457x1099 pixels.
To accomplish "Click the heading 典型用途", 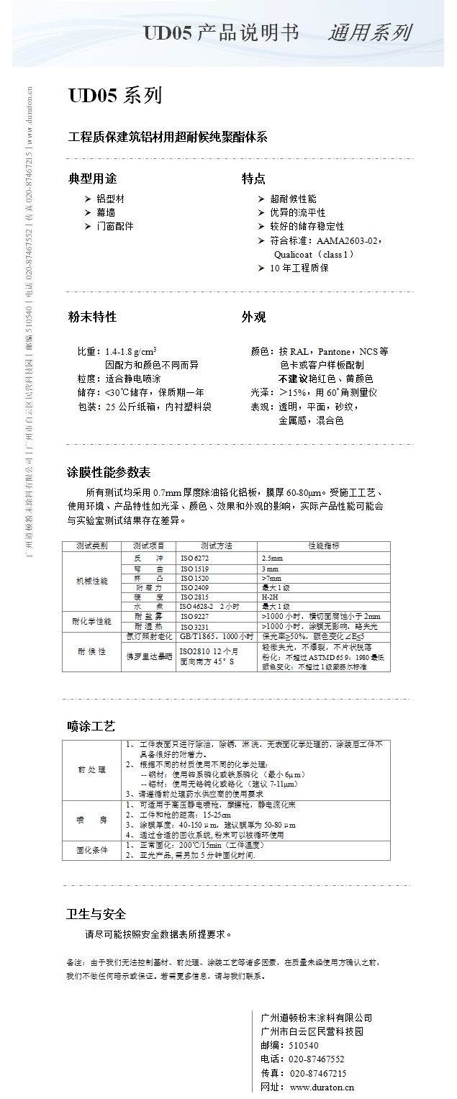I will (x=91, y=178).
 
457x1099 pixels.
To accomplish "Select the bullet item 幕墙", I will (x=105, y=212).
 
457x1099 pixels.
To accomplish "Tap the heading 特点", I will (x=253, y=178).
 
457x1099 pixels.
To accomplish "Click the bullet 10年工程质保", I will (x=299, y=268).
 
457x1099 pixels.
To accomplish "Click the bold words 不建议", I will (x=293, y=379).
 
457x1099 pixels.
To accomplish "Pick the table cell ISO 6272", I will (x=195, y=558).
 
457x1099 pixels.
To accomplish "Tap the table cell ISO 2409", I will (x=195, y=587).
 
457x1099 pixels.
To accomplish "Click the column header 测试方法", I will (x=216, y=546).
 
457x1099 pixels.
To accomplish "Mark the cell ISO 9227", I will (x=195, y=617).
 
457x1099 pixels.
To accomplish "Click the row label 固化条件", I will (x=92, y=850).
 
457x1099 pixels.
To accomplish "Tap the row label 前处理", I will (x=92, y=769).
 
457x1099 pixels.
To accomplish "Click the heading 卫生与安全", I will (x=96, y=914).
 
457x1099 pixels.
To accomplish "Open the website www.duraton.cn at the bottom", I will (x=322, y=1087).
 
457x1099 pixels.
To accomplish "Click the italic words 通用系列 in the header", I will (x=369, y=32).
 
